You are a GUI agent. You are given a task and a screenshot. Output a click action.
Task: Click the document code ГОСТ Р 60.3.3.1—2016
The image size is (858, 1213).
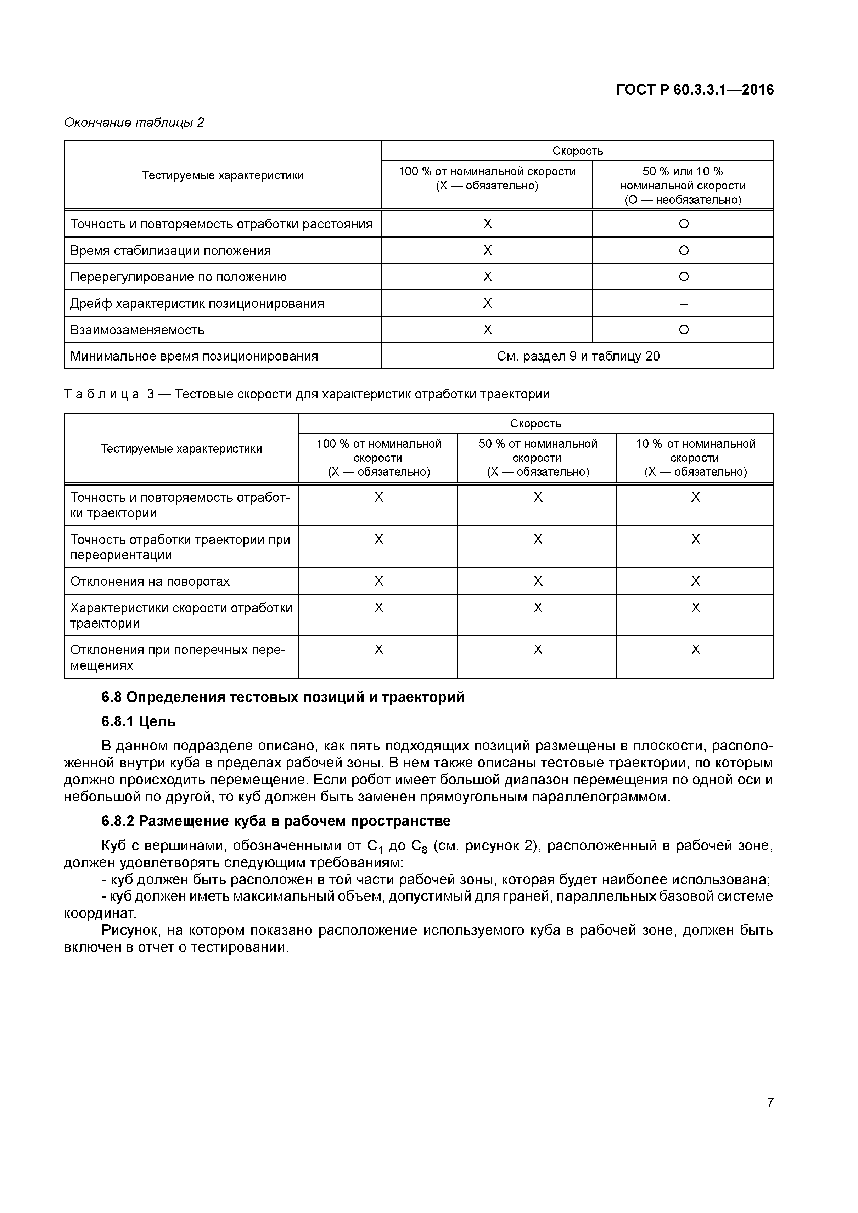[695, 90]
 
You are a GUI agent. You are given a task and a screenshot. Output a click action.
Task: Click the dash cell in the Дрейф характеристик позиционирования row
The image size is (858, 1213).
[684, 303]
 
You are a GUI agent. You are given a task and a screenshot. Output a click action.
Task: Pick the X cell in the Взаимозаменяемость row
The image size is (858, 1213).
[487, 330]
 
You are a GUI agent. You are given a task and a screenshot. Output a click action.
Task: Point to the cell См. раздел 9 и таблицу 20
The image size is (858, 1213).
[578, 356]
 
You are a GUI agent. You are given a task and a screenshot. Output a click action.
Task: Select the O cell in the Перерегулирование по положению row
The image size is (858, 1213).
[684, 277]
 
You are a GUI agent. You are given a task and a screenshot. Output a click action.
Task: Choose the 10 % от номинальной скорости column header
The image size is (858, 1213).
[695, 458]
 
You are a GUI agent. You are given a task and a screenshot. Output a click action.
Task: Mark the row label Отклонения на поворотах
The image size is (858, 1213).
[150, 581]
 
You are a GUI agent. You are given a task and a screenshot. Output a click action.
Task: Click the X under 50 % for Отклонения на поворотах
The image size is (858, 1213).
[538, 581]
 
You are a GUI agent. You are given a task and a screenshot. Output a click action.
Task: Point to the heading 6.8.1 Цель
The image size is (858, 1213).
[139, 722]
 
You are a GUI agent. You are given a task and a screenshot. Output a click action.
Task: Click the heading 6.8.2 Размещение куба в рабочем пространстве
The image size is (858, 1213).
[276, 821]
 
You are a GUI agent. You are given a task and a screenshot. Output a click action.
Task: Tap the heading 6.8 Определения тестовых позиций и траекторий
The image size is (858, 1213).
[283, 697]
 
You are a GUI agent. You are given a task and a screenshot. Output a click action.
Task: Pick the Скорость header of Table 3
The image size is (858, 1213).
[535, 423]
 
